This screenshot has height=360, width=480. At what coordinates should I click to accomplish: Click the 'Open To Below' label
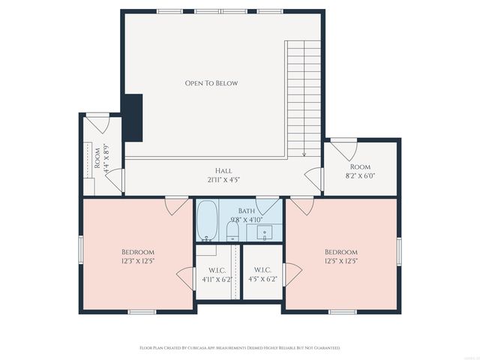point(211,83)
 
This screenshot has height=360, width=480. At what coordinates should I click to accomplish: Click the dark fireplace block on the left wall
point(133,117)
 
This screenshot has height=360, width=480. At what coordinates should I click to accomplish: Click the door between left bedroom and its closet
point(184,276)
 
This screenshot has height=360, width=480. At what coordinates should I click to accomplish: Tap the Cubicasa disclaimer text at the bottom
point(240,348)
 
